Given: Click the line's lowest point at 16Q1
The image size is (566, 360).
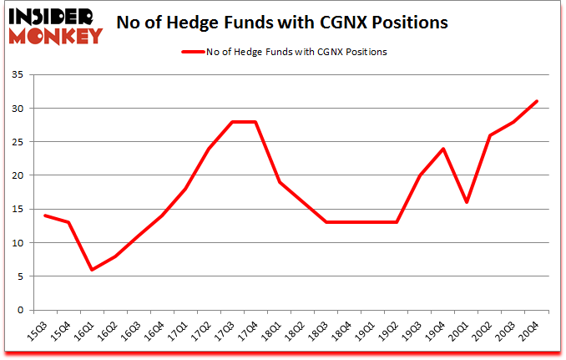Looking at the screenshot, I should click(x=92, y=270).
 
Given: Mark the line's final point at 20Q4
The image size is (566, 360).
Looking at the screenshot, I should click(x=537, y=102).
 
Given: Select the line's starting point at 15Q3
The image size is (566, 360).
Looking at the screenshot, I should click(x=45, y=215).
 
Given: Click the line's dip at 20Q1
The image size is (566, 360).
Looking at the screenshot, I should click(x=467, y=202).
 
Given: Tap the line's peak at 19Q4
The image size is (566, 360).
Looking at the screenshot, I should click(x=443, y=149).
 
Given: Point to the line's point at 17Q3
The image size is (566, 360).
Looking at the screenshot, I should click(x=233, y=122).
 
